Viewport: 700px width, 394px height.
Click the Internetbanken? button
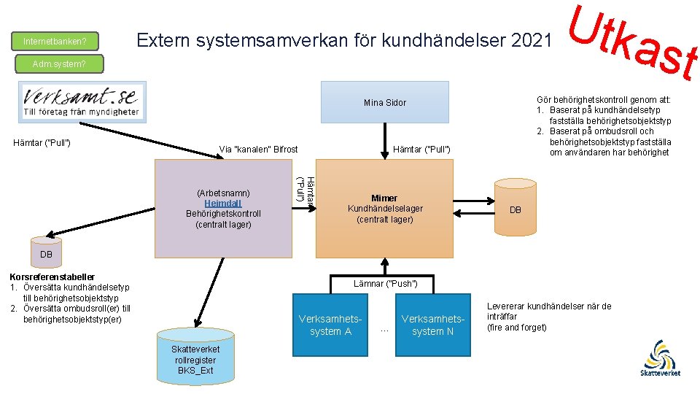55,41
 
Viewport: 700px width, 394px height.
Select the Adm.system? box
59,64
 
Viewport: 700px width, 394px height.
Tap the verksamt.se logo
81,103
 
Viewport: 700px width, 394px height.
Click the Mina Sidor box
385,102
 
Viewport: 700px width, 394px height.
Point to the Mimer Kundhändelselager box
384,208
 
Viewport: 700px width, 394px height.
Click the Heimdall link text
223,203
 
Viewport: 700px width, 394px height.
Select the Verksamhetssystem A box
330,325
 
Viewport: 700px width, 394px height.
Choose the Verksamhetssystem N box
433,325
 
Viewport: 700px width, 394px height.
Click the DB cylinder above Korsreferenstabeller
45,250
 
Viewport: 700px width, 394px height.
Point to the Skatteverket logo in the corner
661,358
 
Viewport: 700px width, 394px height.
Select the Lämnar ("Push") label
385,283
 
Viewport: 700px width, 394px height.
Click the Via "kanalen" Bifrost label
258,150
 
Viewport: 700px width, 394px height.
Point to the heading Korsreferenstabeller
51,277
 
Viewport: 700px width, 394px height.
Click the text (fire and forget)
516,327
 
